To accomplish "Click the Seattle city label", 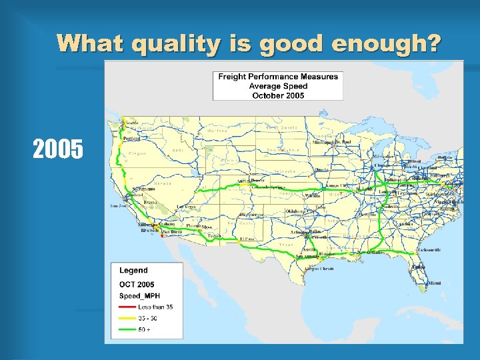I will (x=132, y=123).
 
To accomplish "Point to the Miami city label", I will (x=435, y=283).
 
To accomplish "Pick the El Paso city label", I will (x=247, y=239).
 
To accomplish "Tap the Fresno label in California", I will (x=149, y=201).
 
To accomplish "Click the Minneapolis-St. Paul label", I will (x=332, y=142).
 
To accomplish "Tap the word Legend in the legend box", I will (x=133, y=271).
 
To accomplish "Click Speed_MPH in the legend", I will (x=139, y=295).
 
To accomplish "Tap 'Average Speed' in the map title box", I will (x=278, y=86).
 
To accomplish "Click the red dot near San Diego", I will (x=162, y=235).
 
